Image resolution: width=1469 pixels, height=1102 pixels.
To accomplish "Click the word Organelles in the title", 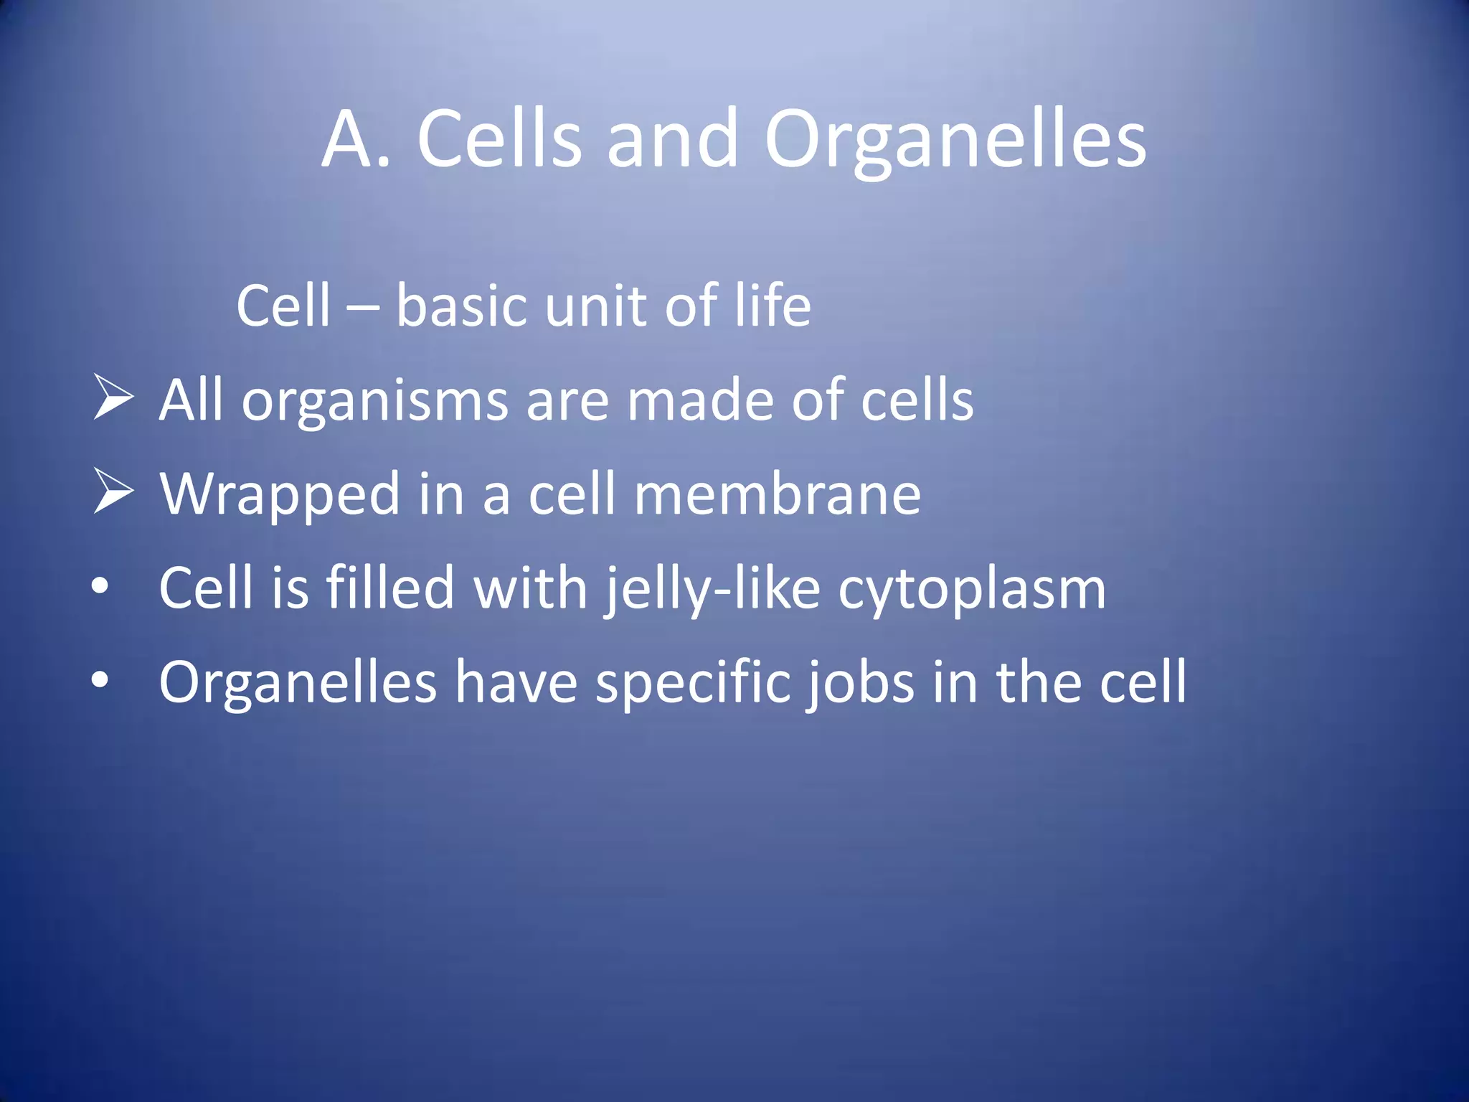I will [x=955, y=140].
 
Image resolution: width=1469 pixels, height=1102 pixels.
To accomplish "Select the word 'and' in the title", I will [x=671, y=140].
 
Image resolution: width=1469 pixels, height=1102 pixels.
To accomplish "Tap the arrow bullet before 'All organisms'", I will [x=113, y=399].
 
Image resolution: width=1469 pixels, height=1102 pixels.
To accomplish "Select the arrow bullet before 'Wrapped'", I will [x=113, y=493].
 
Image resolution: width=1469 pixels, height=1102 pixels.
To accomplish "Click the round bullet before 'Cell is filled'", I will [x=100, y=587].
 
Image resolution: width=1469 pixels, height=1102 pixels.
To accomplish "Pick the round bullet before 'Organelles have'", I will [x=100, y=681].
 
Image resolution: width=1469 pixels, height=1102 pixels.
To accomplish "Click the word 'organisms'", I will [x=374, y=402].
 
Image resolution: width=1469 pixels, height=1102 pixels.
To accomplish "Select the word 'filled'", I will [x=390, y=588].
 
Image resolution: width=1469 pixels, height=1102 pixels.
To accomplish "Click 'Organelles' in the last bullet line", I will [x=298, y=684].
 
